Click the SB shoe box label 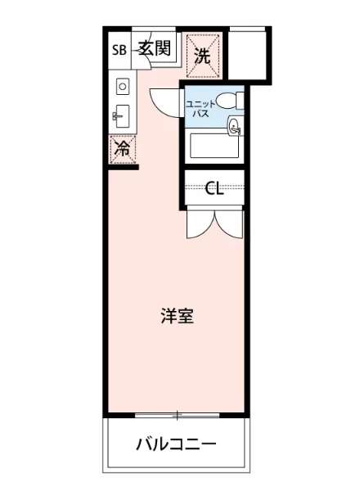coord(119,48)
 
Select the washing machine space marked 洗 coord(202,56)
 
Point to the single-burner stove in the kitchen coord(122,85)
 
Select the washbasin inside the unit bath coord(234,127)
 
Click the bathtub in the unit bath coord(214,147)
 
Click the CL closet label coord(214,190)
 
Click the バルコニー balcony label coord(175,445)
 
